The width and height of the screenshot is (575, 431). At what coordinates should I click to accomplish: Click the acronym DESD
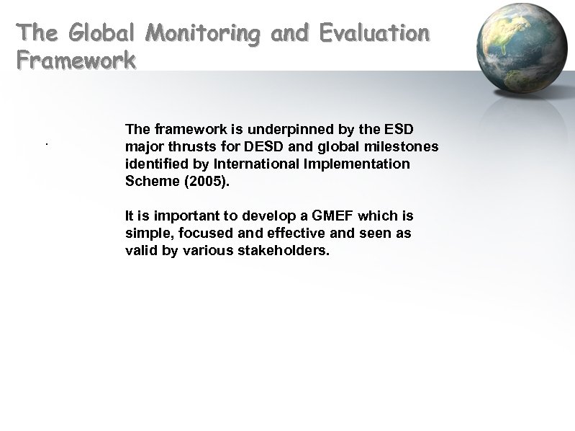pos(258,146)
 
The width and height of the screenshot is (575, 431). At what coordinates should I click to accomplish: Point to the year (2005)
pos(207,181)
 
